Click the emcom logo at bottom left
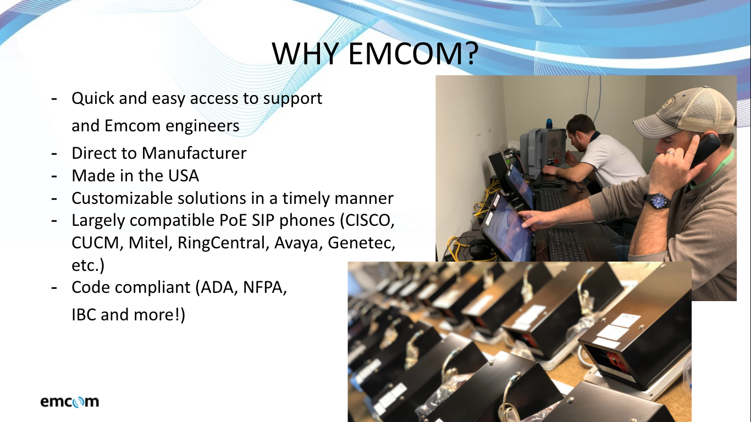pos(70,402)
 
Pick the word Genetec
pos(361,242)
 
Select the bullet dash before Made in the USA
pos(54,175)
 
